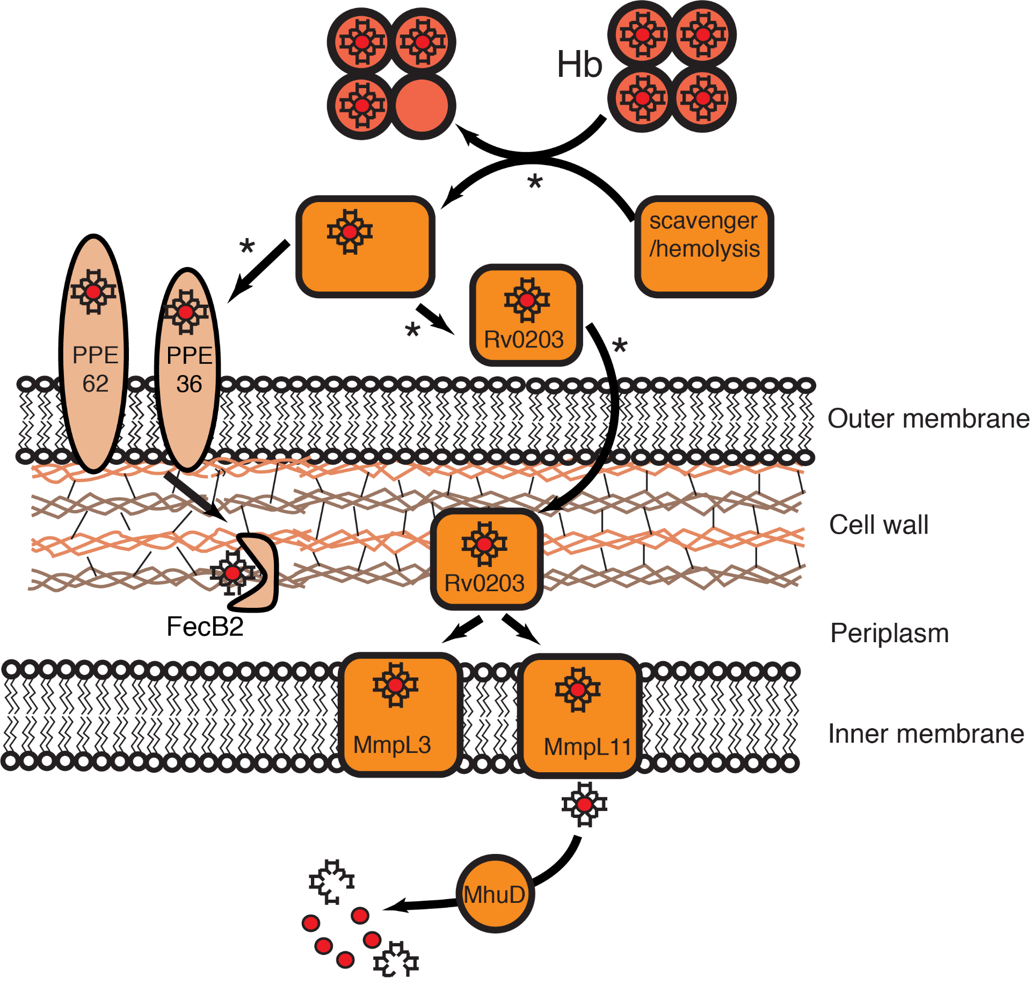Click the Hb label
point(580,64)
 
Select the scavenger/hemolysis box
point(704,247)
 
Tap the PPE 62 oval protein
point(94,355)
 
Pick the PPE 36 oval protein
point(188,371)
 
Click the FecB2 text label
point(205,627)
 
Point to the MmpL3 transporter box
point(400,715)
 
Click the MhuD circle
point(495,895)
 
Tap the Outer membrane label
point(928,419)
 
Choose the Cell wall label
point(878,525)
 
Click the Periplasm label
point(889,633)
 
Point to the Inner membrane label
point(926,734)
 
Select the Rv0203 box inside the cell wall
point(486,559)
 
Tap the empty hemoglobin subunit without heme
point(422,106)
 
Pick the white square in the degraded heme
point(339,889)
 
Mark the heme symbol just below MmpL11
point(584,805)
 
